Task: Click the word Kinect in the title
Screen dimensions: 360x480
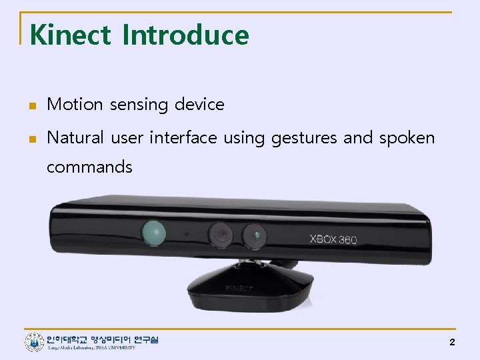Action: click(x=70, y=35)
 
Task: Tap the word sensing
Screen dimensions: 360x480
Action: click(x=139, y=105)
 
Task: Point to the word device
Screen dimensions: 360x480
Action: click(x=199, y=105)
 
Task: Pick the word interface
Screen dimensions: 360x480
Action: click(x=183, y=138)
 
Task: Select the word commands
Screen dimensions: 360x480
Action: click(x=89, y=167)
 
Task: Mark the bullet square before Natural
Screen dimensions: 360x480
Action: click(x=31, y=139)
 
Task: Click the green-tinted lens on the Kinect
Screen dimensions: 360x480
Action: click(x=153, y=232)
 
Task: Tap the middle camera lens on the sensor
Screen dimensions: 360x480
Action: click(x=220, y=234)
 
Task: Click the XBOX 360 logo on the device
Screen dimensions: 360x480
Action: click(x=333, y=239)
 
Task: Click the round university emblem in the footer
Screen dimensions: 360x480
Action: click(x=34, y=343)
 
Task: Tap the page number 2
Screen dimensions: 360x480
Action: click(x=452, y=342)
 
